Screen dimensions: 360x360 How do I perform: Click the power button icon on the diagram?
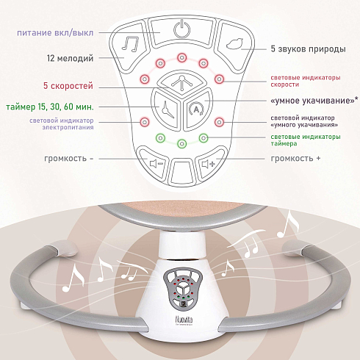coord(181,29)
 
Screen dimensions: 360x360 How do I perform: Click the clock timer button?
coord(167,109)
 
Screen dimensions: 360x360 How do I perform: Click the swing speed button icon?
coord(181,82)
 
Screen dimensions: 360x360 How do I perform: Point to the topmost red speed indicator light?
coord(181,58)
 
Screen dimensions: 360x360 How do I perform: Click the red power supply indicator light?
coord(145,122)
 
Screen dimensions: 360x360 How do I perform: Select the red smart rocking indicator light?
coord(219,122)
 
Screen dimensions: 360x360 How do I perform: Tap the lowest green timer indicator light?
coord(181,143)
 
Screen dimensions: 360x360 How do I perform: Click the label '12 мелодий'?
coord(70,58)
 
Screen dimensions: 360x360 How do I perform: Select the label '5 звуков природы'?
coord(308,49)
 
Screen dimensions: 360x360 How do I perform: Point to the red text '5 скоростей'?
coord(68,86)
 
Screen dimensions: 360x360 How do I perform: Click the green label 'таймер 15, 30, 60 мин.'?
coord(50,107)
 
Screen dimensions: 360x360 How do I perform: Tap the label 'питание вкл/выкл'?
coord(55,33)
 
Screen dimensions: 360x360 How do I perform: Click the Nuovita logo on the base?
coord(184,320)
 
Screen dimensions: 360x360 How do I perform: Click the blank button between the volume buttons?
coord(181,171)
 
